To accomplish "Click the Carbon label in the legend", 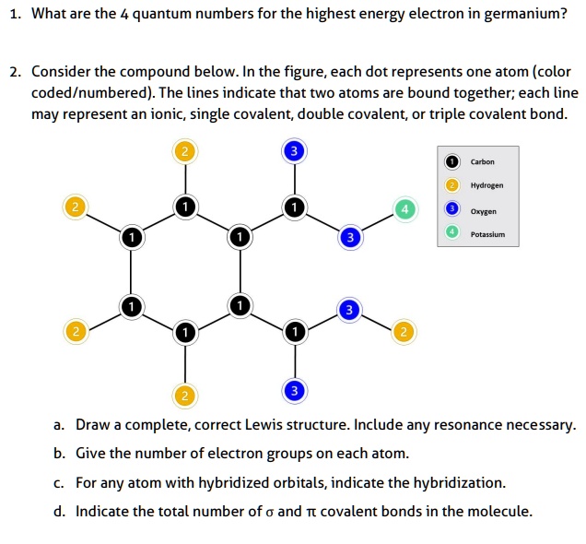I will click(x=483, y=161).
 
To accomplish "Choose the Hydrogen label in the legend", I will click(x=486, y=185).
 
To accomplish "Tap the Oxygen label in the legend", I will click(x=483, y=210).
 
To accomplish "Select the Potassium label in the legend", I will click(x=487, y=234).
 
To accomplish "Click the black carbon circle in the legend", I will click(x=451, y=161).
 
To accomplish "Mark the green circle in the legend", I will click(x=451, y=234).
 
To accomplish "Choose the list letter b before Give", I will click(x=58, y=454).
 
